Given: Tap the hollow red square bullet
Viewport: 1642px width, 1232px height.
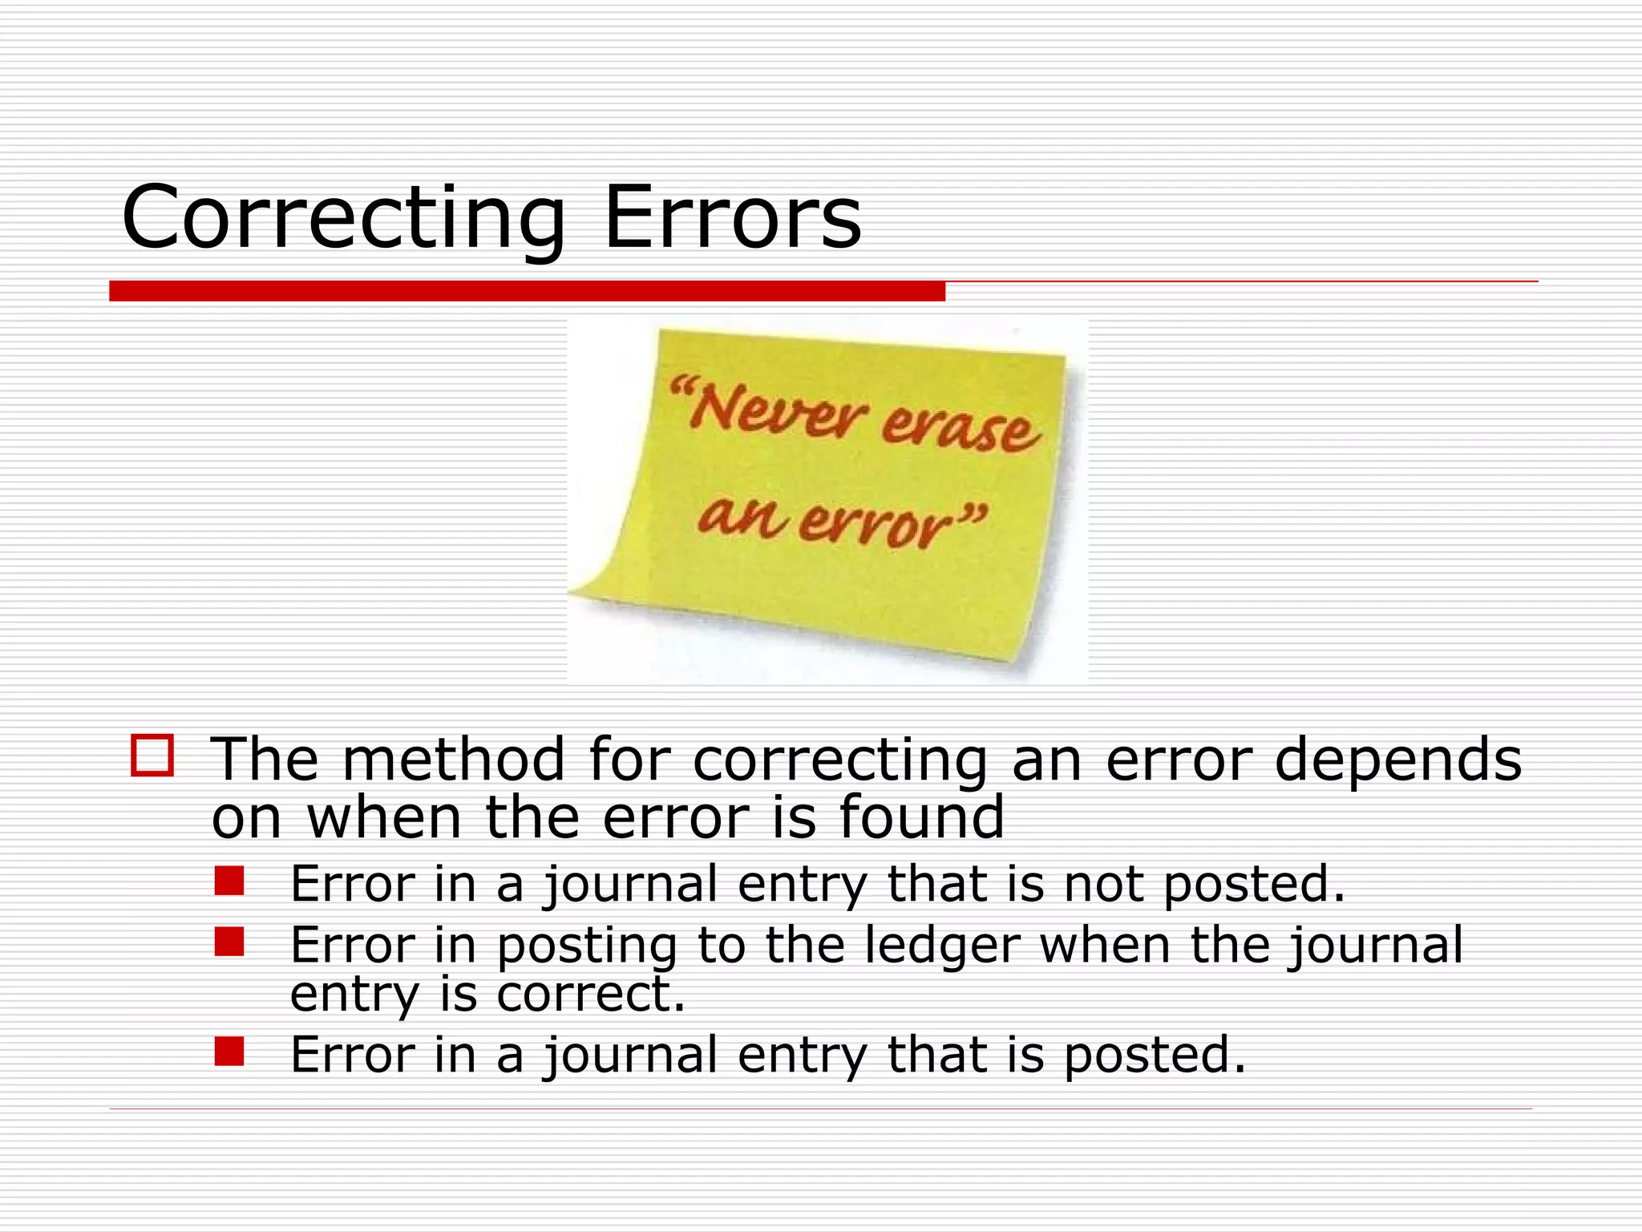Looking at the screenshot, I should pyautogui.click(x=152, y=755).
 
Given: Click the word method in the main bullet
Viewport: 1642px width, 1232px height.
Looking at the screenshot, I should pyautogui.click(x=453, y=759).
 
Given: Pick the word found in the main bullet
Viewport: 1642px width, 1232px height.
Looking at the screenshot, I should pyautogui.click(x=921, y=817).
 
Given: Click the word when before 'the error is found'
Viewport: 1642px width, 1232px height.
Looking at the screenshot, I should pyautogui.click(x=384, y=817).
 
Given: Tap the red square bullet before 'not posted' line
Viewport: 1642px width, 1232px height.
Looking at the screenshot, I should pyautogui.click(x=229, y=881).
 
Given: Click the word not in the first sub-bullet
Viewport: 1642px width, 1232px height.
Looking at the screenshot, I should pyautogui.click(x=1103, y=884).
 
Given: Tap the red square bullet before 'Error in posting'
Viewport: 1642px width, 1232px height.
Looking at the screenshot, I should pyautogui.click(x=229, y=942).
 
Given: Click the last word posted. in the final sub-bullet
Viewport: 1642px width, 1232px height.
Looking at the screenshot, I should pyautogui.click(x=1155, y=1055).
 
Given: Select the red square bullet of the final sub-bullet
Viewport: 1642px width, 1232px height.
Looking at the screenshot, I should pyautogui.click(x=229, y=1051).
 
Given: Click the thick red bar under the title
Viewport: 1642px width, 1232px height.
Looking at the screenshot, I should pyautogui.click(x=527, y=291).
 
